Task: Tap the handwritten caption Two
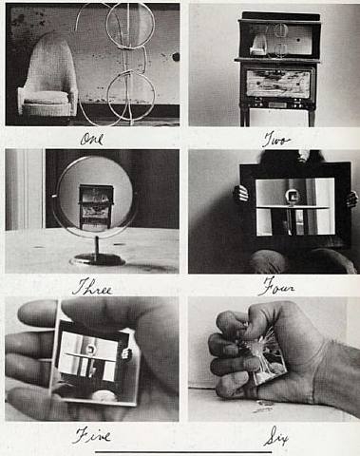[x=275, y=140]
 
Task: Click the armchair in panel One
[x=47, y=81]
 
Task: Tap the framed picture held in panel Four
[x=294, y=204]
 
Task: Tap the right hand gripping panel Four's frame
[x=351, y=199]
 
